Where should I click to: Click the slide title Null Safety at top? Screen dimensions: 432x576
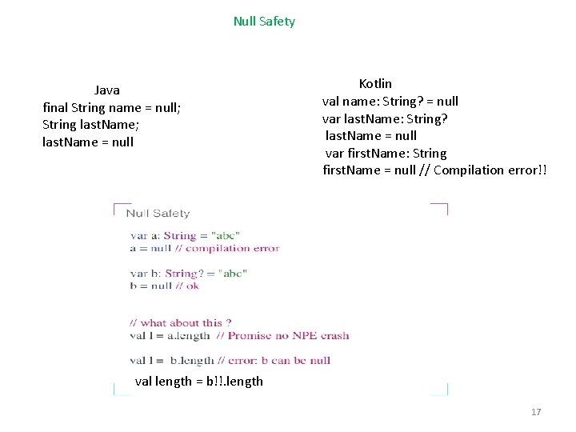pyautogui.click(x=264, y=22)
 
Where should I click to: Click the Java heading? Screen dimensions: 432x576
pyautogui.click(x=106, y=90)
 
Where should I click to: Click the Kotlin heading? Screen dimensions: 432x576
pyautogui.click(x=375, y=84)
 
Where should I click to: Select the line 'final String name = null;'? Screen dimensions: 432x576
pyautogui.click(x=111, y=107)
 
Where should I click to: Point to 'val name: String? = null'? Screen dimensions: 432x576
pyautogui.click(x=390, y=101)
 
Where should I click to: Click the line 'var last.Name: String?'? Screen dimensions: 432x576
pyautogui.click(x=384, y=118)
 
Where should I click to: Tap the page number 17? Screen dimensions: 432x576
pyautogui.click(x=536, y=412)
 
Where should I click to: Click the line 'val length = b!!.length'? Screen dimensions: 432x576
pyautogui.click(x=198, y=381)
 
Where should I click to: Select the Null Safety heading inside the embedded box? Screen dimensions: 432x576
pyautogui.click(x=158, y=213)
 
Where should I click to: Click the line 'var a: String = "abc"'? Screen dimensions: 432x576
pyautogui.click(x=185, y=236)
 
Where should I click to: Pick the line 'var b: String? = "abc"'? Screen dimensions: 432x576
pyautogui.click(x=188, y=274)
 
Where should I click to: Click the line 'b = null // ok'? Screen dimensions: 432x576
pyautogui.click(x=164, y=285)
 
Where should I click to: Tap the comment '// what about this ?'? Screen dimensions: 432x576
pyautogui.click(x=181, y=323)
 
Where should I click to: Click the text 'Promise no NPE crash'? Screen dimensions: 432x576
pyautogui.click(x=288, y=335)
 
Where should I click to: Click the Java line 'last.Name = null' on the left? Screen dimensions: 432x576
pyautogui.click(x=88, y=142)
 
